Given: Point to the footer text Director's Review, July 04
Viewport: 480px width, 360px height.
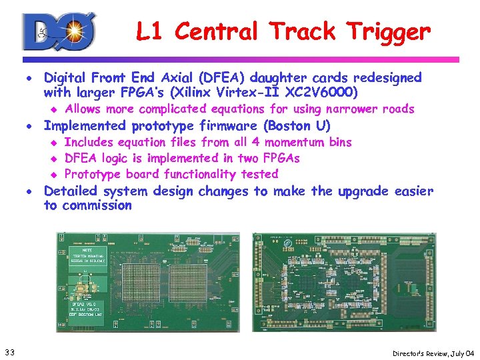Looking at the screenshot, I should click(x=433, y=352).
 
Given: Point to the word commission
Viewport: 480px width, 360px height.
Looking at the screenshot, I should click(x=97, y=205).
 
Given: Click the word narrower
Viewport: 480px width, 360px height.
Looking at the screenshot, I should click(x=349, y=109).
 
